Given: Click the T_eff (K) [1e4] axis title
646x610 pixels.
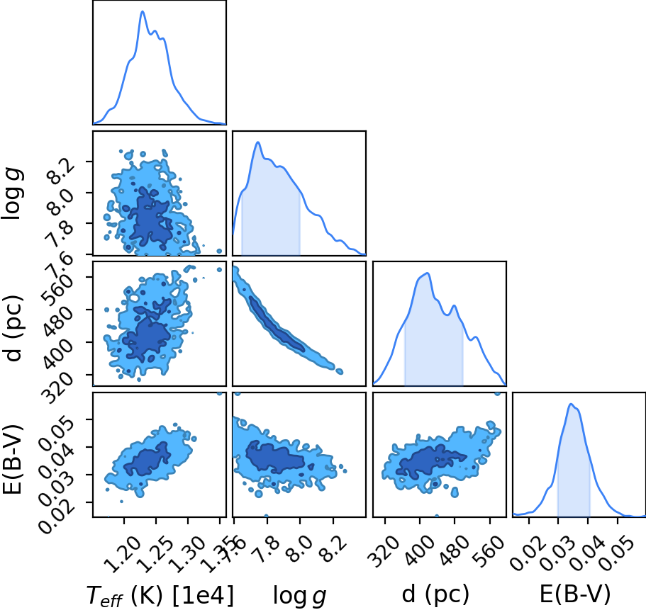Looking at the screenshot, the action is (x=160, y=595).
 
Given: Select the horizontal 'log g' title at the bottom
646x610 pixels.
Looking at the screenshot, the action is (x=299, y=596).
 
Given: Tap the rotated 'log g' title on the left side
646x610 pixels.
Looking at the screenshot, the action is (x=13, y=194).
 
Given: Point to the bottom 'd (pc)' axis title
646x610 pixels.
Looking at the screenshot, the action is (x=435, y=594).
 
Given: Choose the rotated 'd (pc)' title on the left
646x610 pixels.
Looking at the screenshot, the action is (x=14, y=328).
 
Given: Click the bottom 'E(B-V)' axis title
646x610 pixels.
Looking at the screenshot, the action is (x=575, y=594).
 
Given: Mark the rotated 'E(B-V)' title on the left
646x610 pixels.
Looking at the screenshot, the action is (x=14, y=458).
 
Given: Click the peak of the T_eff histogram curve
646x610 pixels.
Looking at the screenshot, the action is (x=143, y=11).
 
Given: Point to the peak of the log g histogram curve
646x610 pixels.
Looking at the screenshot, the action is (x=258, y=142).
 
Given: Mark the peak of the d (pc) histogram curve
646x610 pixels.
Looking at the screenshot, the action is (x=428, y=273).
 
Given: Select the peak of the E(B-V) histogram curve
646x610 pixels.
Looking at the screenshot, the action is (x=571, y=404).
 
